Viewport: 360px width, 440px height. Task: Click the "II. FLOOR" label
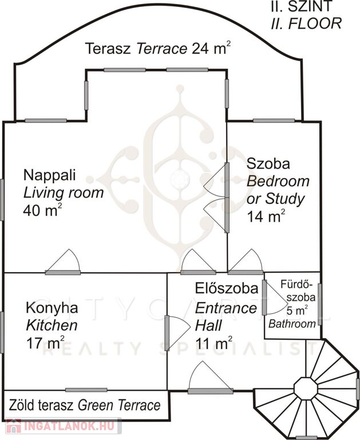306,23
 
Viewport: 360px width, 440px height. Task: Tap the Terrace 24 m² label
158,48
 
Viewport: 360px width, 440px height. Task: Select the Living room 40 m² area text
64,202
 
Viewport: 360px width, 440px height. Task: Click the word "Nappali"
49,175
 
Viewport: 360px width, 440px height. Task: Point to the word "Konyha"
52,308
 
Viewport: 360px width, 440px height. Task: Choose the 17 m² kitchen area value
45,343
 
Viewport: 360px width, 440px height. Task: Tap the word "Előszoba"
227,289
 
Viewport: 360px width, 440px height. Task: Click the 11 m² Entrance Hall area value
213,343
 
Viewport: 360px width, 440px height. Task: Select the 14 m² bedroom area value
266,216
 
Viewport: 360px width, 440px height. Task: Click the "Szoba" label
268,164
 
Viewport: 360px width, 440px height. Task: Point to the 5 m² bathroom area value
297,311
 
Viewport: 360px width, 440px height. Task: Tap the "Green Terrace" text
119,405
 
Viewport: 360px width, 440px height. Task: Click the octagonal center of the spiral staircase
306,389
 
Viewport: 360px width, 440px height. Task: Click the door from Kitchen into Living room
63,262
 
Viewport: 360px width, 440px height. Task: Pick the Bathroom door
275,297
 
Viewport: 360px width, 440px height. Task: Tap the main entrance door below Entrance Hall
210,378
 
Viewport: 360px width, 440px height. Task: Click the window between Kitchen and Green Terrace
86,390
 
